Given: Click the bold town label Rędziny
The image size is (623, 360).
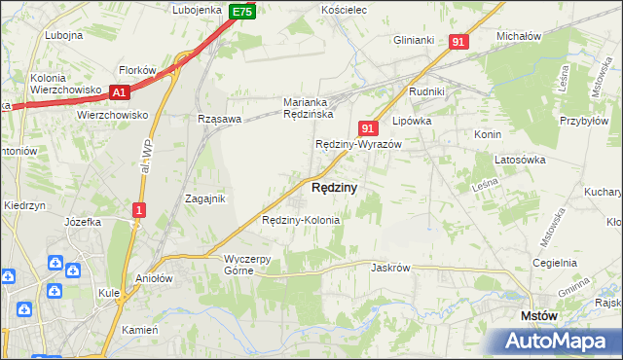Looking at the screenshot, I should [x=334, y=187].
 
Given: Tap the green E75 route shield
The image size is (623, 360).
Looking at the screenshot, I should [x=243, y=12].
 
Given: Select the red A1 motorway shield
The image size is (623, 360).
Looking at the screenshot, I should [x=119, y=92].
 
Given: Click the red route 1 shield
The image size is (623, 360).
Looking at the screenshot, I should [x=140, y=209].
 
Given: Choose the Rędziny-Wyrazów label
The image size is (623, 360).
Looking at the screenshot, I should [x=358, y=144].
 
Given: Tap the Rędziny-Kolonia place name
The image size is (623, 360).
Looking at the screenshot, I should [x=301, y=220].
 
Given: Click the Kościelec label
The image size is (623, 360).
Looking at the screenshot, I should [x=343, y=10].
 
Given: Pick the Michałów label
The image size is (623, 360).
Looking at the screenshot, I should [x=519, y=35].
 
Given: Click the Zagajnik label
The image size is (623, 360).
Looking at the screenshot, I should [x=205, y=198].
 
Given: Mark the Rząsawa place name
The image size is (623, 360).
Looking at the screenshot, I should [x=218, y=118].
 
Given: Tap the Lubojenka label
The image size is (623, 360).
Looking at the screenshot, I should [x=198, y=10].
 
